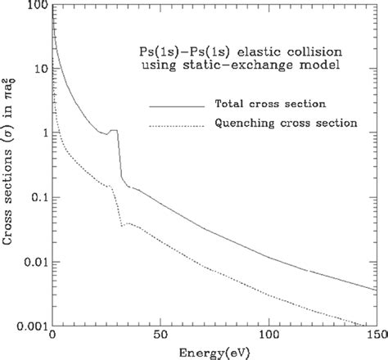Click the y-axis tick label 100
[34, 7]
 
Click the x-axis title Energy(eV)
[214, 353]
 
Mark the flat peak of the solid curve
[113, 130]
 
